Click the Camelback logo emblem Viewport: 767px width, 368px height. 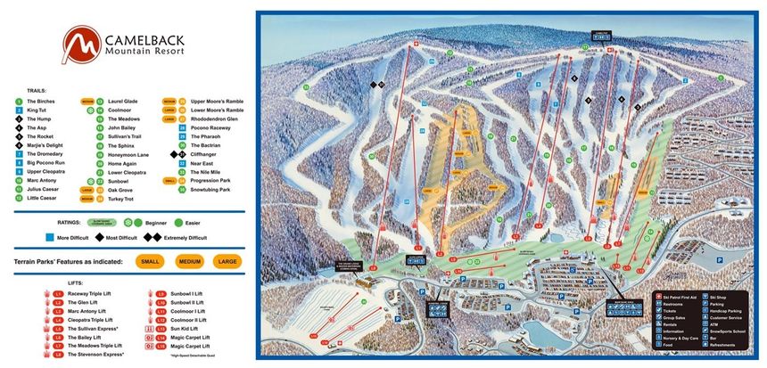pos(78,44)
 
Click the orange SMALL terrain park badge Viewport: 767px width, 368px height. pos(152,261)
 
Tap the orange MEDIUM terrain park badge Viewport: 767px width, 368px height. pos(189,261)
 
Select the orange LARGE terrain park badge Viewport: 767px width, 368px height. pos(227,261)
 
